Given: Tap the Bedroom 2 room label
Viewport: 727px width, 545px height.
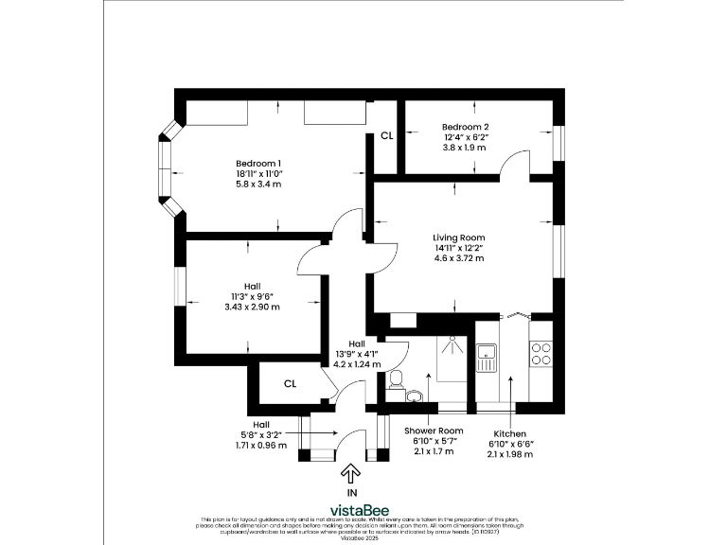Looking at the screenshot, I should [465, 127].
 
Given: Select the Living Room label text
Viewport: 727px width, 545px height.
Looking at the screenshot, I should [458, 237].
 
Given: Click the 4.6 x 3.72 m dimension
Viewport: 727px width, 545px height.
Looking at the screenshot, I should [458, 258].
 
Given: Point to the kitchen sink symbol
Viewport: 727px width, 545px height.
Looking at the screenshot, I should [488, 355].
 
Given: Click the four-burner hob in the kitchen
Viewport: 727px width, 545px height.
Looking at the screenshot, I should [541, 354].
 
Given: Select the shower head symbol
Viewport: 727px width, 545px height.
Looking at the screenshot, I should [452, 338].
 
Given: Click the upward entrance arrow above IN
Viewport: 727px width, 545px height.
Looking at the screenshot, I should [351, 472].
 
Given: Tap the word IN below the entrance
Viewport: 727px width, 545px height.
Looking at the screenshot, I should [351, 493].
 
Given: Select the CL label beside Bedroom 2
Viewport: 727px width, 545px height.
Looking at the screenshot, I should [386, 136].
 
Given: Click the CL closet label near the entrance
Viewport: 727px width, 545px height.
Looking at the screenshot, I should [291, 383].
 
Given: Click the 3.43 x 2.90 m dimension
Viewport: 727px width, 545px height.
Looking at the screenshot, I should [252, 307].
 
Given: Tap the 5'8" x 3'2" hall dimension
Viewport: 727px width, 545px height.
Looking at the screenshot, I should [260, 434].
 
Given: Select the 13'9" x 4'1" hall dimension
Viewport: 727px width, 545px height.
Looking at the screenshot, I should [357, 354].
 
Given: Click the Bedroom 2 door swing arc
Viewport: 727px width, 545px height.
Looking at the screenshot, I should [516, 163].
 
